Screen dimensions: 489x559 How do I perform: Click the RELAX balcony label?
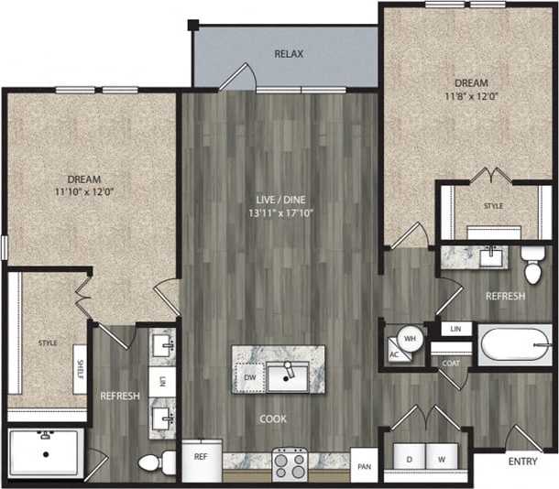[289, 54]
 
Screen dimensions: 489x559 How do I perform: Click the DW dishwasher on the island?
[247, 376]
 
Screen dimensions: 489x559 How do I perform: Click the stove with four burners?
[290, 463]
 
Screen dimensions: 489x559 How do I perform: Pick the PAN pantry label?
[364, 467]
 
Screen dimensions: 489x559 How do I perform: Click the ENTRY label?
[522, 462]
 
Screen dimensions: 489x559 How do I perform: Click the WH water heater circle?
[410, 337]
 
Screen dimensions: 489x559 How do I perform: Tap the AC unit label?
[394, 354]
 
